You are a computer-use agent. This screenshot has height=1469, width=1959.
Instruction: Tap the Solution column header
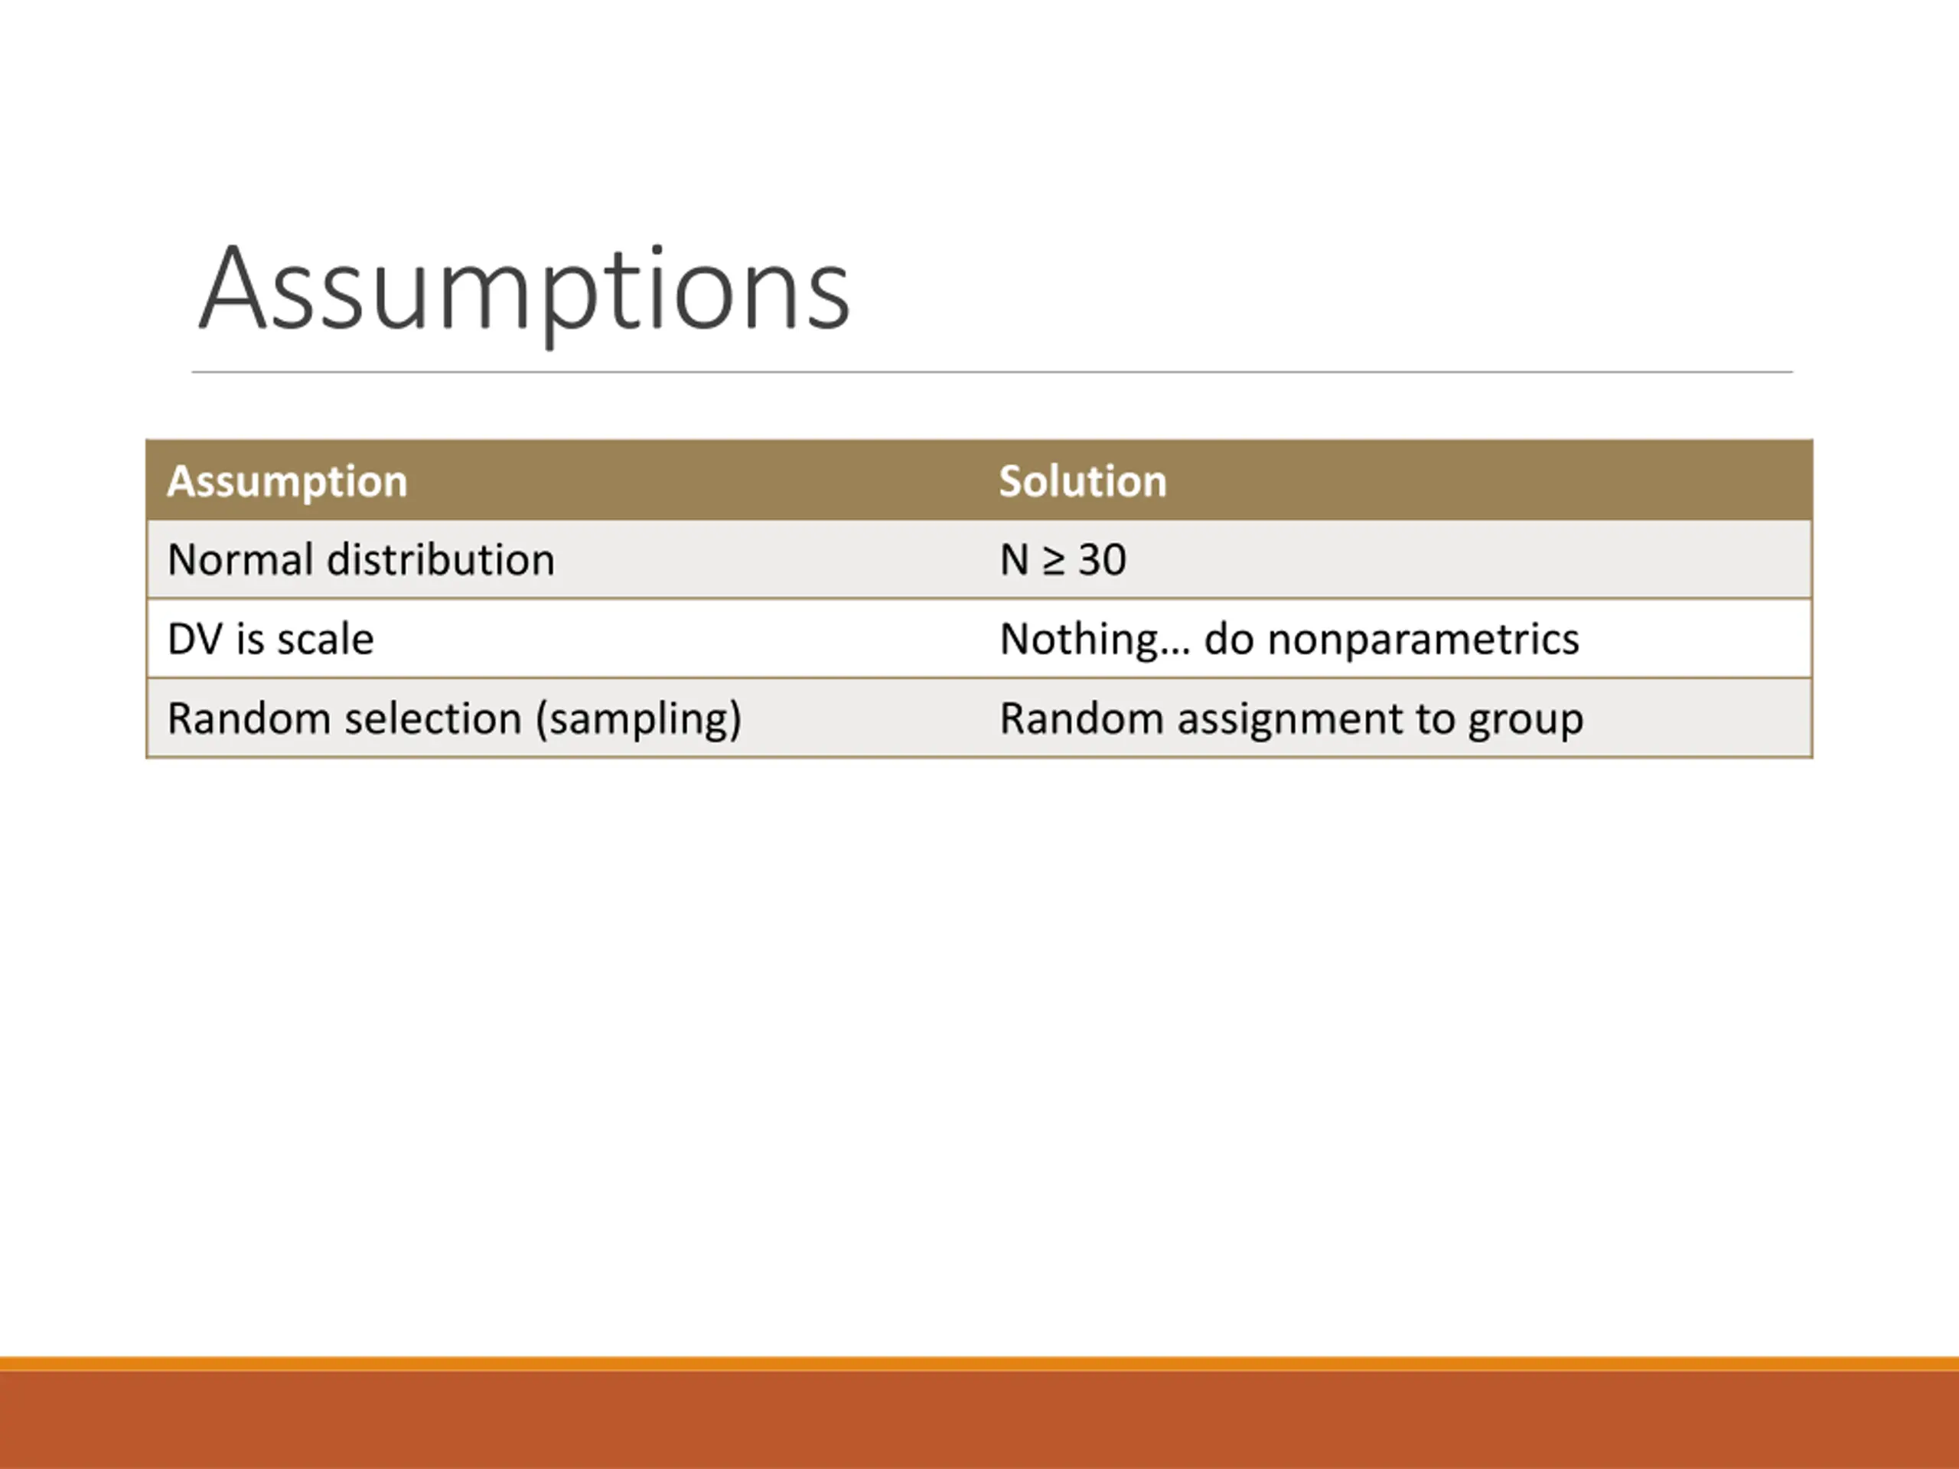[x=1082, y=480]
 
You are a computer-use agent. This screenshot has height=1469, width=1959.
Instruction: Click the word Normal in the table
[x=239, y=559]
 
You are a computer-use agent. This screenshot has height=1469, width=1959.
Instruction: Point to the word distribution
[x=440, y=559]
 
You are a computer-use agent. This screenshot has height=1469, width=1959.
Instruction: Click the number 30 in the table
[x=1102, y=559]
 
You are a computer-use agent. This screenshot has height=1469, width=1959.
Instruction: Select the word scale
[x=326, y=638]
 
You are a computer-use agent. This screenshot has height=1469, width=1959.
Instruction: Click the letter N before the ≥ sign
[x=1014, y=559]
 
